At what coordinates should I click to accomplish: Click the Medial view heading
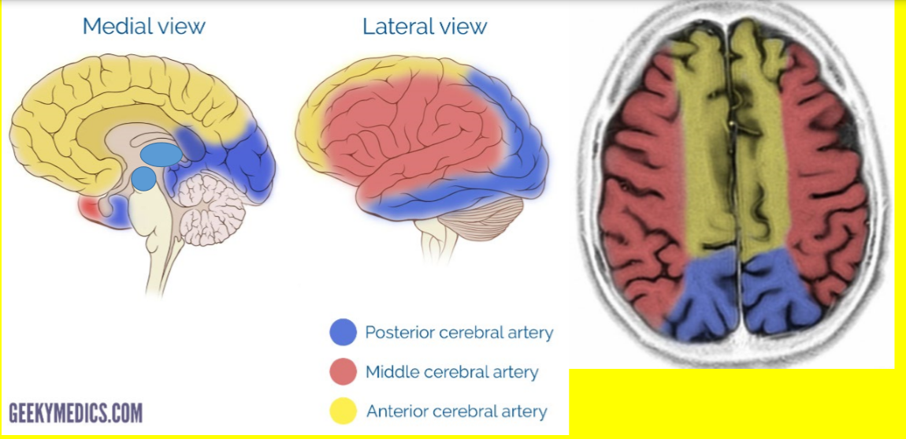tap(143, 26)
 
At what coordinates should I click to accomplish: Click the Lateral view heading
tap(425, 26)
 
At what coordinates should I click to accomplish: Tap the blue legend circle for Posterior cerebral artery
tap(343, 333)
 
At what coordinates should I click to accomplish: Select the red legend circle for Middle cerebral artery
tap(343, 372)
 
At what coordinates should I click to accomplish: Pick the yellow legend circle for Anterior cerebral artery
tap(343, 411)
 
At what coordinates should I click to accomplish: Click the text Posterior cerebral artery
tap(459, 333)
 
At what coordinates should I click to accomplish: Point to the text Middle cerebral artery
tap(451, 372)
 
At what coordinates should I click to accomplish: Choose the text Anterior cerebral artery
tap(456, 411)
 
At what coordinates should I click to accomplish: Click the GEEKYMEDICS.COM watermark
tap(76, 413)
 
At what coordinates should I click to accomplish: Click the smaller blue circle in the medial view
tap(143, 179)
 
